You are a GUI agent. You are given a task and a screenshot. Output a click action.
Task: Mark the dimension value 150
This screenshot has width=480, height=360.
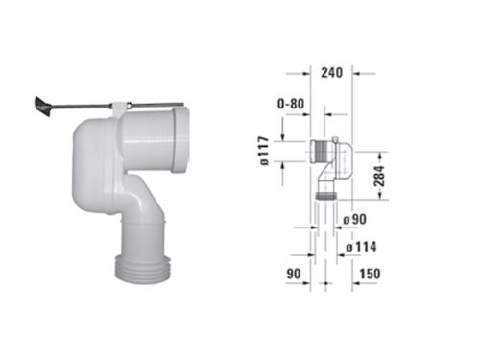click(x=367, y=276)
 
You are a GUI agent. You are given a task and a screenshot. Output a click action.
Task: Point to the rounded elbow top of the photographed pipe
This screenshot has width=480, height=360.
click(x=92, y=144)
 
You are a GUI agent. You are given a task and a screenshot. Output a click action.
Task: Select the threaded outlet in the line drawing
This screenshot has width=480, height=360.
click(x=328, y=195)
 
